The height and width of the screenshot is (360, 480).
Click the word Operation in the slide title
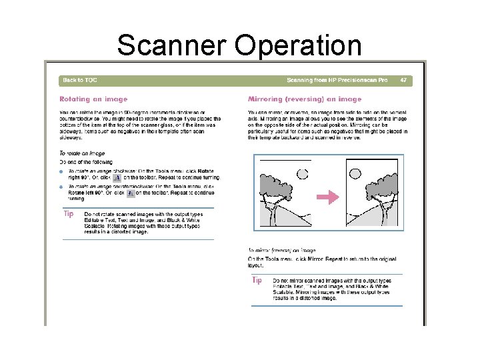(x=298, y=45)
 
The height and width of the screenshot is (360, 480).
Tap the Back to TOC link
(x=79, y=81)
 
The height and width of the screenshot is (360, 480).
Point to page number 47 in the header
(x=403, y=81)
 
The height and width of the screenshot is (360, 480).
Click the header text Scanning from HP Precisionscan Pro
(x=337, y=81)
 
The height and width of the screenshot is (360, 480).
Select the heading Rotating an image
(x=93, y=99)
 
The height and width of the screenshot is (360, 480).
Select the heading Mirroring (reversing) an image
(x=305, y=99)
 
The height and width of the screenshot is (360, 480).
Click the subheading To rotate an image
(x=82, y=153)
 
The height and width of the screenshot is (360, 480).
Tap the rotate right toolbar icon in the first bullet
(x=117, y=178)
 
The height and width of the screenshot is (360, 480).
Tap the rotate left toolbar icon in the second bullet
(x=131, y=193)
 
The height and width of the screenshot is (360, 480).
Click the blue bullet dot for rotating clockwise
(x=61, y=171)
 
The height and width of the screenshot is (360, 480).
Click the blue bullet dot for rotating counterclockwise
(x=61, y=187)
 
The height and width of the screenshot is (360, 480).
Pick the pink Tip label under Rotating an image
(x=69, y=214)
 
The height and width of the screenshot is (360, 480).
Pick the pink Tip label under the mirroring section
(x=257, y=280)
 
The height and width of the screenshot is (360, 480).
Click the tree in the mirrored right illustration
(x=383, y=193)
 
